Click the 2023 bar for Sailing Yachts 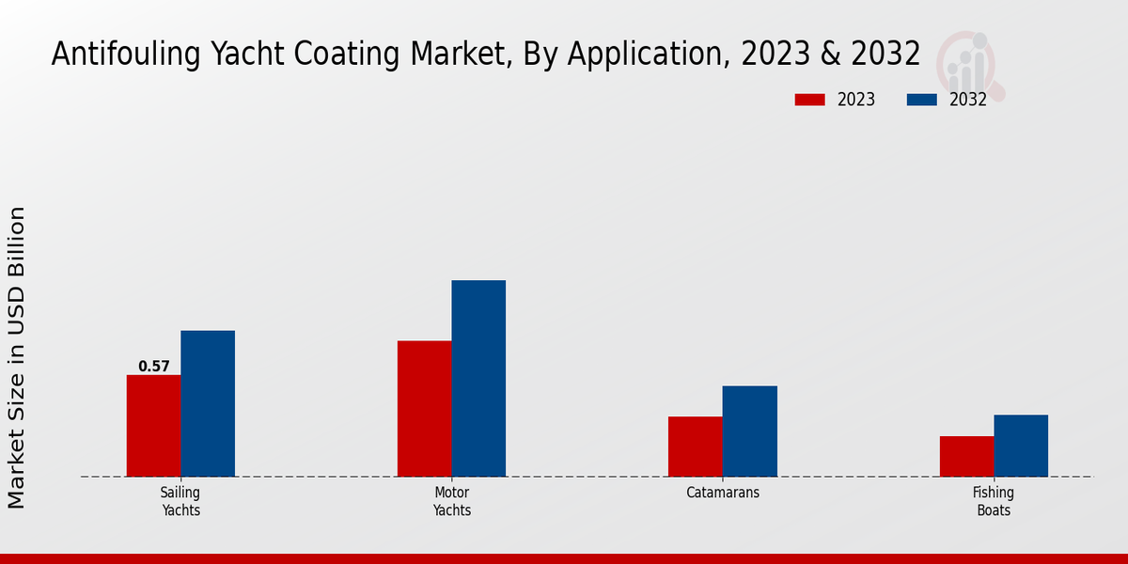(x=153, y=425)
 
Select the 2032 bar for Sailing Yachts (x=208, y=403)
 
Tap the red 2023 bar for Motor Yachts (x=424, y=408)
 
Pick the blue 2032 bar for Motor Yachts (x=478, y=378)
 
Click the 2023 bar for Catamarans (x=696, y=446)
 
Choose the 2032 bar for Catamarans (x=750, y=431)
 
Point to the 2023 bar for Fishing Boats (x=966, y=456)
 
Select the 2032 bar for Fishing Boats (x=1021, y=445)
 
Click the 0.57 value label (x=154, y=367)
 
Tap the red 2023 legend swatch (x=810, y=100)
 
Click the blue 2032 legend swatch (x=921, y=100)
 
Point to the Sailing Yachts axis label (x=180, y=501)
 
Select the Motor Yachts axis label (x=452, y=501)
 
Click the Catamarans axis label (x=723, y=493)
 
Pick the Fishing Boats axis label (x=994, y=501)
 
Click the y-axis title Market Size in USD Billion (x=17, y=357)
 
